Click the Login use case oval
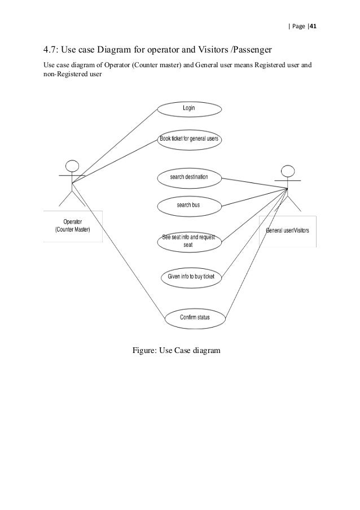(x=188, y=108)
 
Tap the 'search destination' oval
(x=189, y=177)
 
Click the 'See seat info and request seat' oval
(x=188, y=241)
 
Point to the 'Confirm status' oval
(x=195, y=317)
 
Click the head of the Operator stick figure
(x=72, y=167)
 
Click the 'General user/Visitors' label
(x=287, y=230)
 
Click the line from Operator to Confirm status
(x=118, y=250)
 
